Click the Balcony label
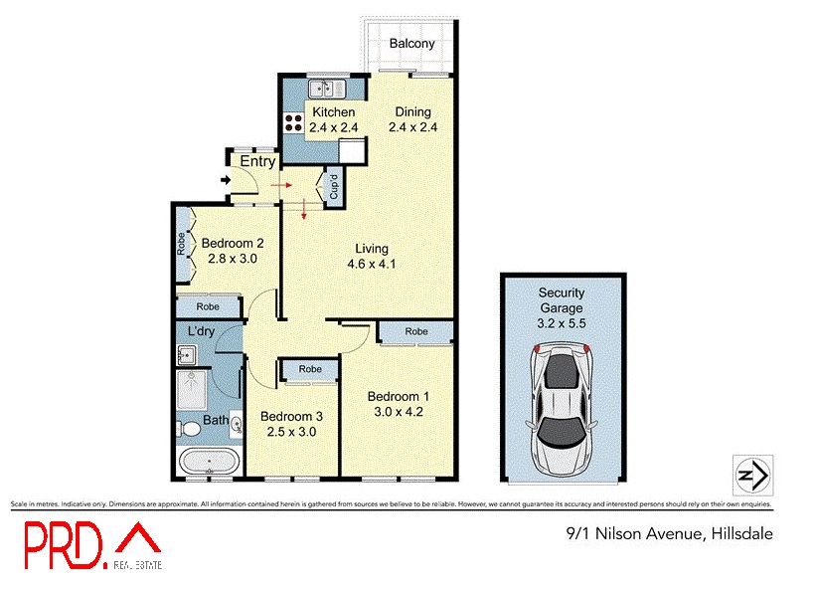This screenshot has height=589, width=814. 412,44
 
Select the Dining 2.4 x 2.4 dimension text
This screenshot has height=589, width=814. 412,127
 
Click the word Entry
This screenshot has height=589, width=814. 257,161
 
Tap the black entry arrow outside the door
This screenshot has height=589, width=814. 226,180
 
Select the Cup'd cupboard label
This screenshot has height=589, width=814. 334,188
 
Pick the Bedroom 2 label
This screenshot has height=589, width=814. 233,243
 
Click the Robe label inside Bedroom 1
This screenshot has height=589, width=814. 415,331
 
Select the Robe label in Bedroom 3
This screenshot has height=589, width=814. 310,369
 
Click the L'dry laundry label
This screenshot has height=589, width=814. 203,330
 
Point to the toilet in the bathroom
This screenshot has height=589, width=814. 187,429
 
